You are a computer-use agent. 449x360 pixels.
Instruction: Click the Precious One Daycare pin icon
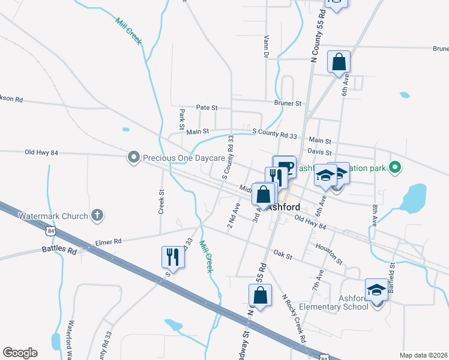[133, 158]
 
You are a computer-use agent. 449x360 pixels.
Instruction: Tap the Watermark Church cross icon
[97, 215]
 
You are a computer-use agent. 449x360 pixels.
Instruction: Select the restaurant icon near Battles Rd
[172, 257]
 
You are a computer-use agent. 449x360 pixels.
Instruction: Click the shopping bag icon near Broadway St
[260, 295]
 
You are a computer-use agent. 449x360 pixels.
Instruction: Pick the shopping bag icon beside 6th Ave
[339, 61]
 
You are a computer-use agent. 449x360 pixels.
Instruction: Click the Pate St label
[206, 107]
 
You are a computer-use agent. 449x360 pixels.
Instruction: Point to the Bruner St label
[288, 103]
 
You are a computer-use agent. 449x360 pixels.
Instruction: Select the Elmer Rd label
[108, 241]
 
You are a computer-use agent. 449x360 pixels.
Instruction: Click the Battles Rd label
[59, 249]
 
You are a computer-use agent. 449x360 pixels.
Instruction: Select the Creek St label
[161, 202]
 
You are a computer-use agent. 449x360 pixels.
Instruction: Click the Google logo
[20, 353]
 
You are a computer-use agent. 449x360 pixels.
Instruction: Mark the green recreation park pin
[395, 167]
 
